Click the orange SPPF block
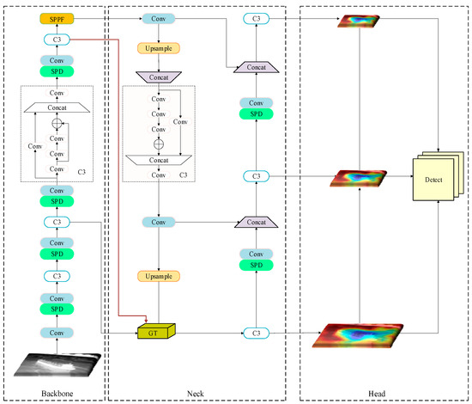[x=56, y=18]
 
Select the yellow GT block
[x=154, y=331]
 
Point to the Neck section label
[x=203, y=395]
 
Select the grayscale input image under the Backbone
[x=56, y=364]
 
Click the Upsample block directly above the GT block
[x=159, y=276]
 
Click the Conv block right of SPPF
[x=159, y=18]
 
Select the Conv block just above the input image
[x=56, y=332]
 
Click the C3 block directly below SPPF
[x=56, y=40]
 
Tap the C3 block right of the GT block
[x=254, y=332]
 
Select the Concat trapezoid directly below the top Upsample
[x=159, y=77]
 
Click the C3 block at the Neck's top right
[x=254, y=18]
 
